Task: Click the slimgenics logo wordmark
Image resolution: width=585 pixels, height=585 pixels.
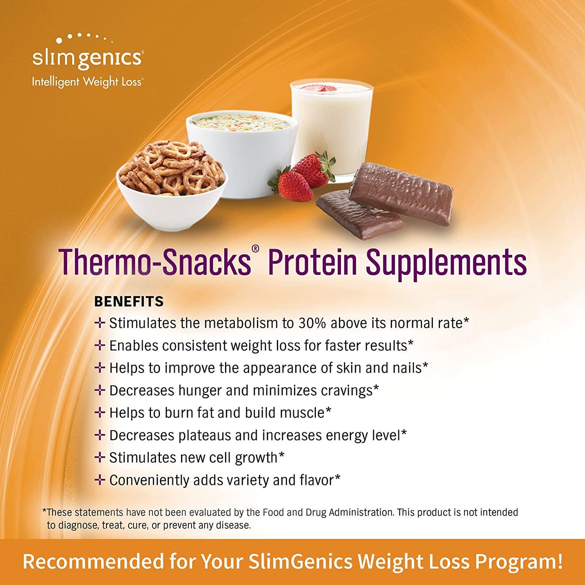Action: (x=87, y=58)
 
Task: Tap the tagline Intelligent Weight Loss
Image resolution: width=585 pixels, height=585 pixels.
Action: (x=87, y=82)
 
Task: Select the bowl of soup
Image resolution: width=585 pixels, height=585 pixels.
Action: (x=242, y=150)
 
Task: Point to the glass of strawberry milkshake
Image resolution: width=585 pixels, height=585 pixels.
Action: (x=331, y=126)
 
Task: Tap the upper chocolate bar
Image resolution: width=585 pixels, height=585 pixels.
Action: (x=401, y=194)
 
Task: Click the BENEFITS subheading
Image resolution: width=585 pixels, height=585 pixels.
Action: (x=129, y=302)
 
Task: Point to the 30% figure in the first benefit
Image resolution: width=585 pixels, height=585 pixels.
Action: (x=312, y=323)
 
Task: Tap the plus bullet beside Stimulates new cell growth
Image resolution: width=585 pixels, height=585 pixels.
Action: (x=100, y=457)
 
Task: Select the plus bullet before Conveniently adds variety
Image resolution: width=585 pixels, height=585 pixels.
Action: (x=100, y=480)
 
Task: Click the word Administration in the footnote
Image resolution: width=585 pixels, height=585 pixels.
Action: (x=360, y=513)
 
